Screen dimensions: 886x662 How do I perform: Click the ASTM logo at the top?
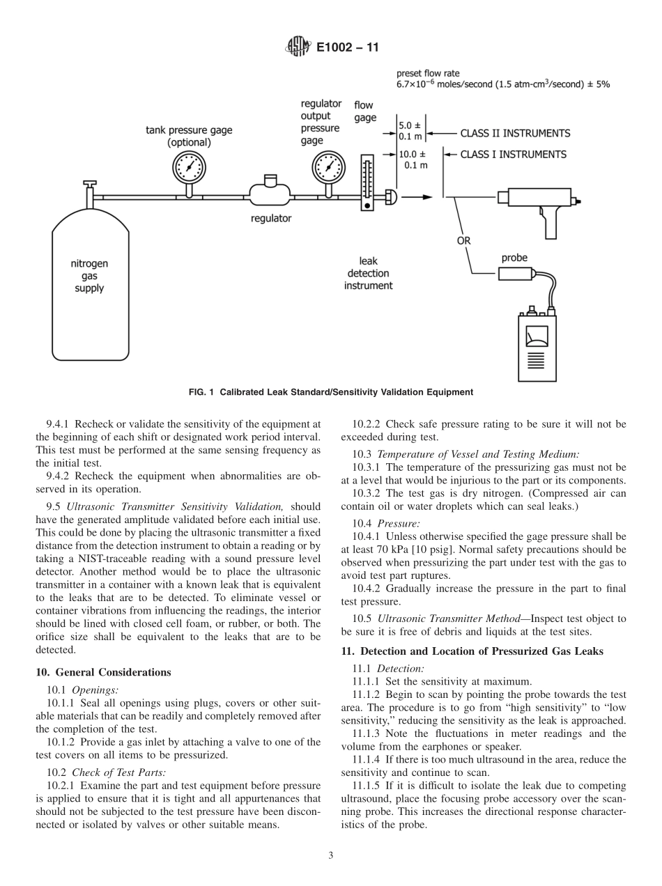click(298, 48)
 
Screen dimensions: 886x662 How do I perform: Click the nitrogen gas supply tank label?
click(90, 276)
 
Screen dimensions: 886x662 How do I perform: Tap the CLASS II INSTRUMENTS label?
click(515, 133)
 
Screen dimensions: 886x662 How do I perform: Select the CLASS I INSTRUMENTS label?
click(513, 154)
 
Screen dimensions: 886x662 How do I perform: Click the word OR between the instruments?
click(463, 241)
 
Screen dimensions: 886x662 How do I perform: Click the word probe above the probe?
click(514, 258)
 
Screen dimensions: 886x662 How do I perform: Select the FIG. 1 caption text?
click(330, 392)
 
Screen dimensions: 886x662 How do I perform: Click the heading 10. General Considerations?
click(102, 672)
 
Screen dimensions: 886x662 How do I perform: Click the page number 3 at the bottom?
click(331, 856)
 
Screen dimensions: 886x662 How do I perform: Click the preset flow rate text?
click(428, 72)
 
